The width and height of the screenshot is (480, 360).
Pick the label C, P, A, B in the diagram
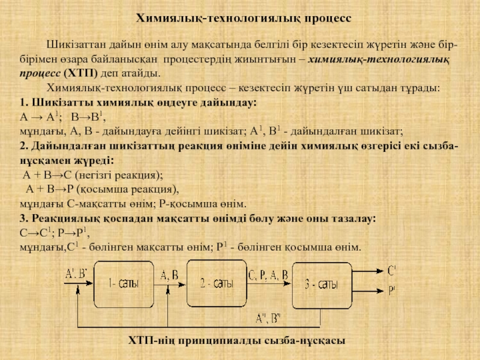tap(268, 274)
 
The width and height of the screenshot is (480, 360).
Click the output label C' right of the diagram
tap(392, 271)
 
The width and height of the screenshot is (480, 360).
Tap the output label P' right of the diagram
tap(392, 291)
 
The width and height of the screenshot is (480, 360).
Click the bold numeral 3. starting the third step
tap(24, 217)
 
